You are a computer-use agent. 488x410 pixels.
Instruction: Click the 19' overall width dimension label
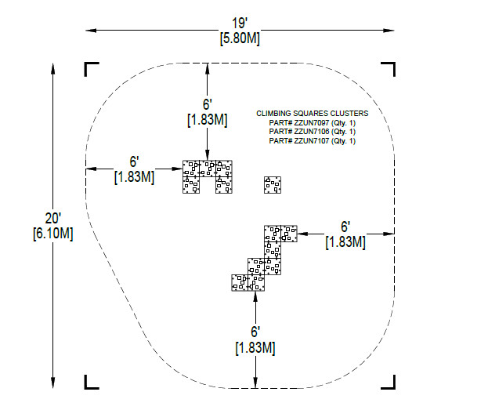click(x=240, y=24)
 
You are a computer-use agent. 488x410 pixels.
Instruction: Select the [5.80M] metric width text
click(x=240, y=38)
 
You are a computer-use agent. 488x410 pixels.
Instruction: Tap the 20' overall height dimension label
click(x=53, y=218)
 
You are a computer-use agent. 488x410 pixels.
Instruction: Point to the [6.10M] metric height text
click(x=53, y=234)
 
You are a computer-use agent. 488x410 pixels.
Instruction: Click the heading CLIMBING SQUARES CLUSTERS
click(x=313, y=114)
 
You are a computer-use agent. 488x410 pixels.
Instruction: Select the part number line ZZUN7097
click(x=313, y=123)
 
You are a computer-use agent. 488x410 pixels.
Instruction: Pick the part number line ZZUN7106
click(x=313, y=132)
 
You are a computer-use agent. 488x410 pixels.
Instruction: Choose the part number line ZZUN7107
click(x=313, y=141)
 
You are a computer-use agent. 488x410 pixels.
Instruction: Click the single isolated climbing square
click(x=273, y=185)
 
